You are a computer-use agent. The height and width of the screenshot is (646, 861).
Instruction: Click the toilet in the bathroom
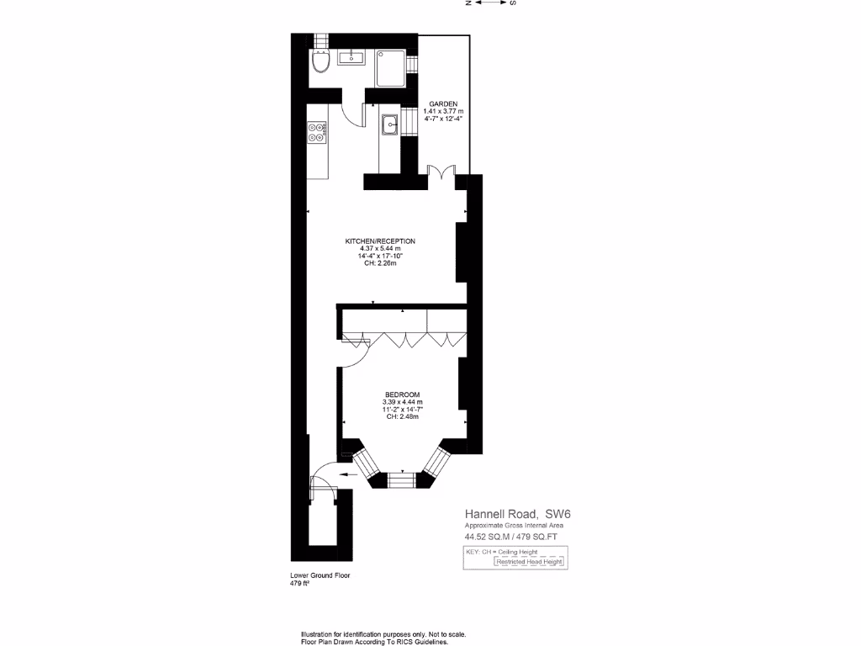click(x=320, y=62)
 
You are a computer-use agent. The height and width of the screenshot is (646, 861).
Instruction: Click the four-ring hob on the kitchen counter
click(x=318, y=131)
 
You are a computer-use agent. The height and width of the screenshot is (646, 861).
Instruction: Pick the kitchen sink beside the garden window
click(x=390, y=125)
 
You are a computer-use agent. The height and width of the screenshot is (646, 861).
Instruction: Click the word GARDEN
click(x=442, y=103)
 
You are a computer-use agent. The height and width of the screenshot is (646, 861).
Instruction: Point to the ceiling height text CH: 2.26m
click(x=379, y=264)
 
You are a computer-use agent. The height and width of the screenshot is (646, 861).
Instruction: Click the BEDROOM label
click(x=403, y=394)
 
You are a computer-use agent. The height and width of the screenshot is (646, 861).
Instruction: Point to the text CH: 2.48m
click(x=403, y=417)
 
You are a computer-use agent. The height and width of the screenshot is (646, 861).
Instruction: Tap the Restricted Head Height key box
click(x=529, y=562)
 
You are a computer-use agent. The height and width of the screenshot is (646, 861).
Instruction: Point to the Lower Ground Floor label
click(x=320, y=575)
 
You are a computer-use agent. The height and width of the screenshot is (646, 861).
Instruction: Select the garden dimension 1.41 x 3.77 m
click(x=443, y=111)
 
